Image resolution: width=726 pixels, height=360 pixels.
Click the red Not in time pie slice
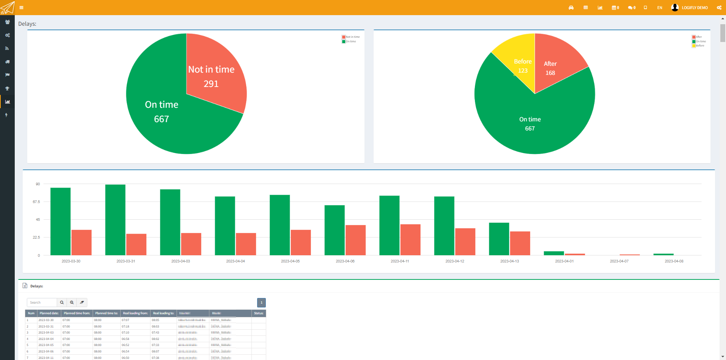click(x=212, y=76)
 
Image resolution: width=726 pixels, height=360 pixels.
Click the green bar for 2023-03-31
click(x=115, y=219)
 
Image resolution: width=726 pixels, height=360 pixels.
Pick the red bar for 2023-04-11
click(x=410, y=240)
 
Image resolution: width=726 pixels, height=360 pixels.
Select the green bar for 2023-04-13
click(x=499, y=239)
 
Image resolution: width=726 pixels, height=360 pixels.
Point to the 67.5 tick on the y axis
click(x=36, y=202)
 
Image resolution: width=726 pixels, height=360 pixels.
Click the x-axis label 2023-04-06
click(x=345, y=261)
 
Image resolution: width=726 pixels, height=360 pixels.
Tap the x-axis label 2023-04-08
click(x=674, y=261)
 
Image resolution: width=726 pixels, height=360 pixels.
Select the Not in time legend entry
click(x=352, y=37)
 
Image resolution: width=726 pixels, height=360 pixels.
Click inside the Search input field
click(x=42, y=303)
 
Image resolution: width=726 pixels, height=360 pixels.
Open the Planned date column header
click(x=49, y=313)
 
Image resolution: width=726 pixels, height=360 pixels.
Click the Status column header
click(x=259, y=313)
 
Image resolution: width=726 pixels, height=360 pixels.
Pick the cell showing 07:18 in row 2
click(x=126, y=326)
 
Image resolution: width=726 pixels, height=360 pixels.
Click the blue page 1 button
click(x=261, y=303)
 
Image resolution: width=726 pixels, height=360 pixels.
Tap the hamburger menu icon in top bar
click(x=22, y=8)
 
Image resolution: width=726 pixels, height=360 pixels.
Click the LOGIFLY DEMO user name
click(x=695, y=8)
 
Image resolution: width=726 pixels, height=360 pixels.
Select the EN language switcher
click(x=659, y=8)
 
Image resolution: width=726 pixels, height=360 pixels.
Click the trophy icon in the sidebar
click(x=7, y=88)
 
